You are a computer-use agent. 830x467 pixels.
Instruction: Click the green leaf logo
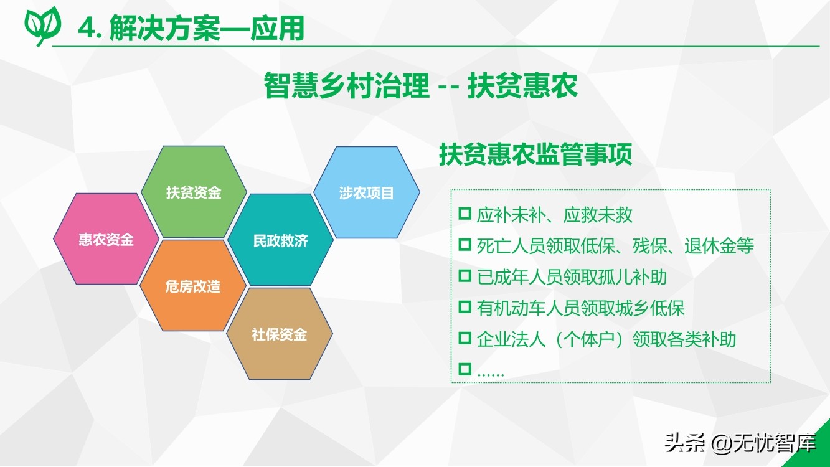[42, 26]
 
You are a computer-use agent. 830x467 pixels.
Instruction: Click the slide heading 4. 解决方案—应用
[191, 28]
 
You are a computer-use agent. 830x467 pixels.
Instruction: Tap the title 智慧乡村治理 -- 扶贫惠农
[420, 85]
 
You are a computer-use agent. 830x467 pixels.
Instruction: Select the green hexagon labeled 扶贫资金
[194, 192]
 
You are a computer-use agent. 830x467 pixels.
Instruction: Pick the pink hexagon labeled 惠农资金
[106, 239]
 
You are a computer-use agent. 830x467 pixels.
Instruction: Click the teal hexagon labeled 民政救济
[280, 240]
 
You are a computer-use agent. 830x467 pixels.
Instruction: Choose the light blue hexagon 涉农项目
[367, 192]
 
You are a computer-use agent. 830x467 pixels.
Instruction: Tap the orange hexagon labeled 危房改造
[193, 286]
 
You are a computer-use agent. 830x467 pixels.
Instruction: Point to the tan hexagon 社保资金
[280, 334]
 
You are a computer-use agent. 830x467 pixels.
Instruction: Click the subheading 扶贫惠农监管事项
[535, 154]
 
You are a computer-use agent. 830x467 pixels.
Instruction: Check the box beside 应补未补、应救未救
[465, 214]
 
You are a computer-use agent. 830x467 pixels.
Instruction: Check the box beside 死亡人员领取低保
[465, 245]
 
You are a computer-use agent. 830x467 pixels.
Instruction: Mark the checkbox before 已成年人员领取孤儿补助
[465, 276]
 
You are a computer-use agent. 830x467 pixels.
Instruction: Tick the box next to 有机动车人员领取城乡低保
[465, 307]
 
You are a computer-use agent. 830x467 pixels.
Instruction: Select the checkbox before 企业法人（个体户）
[465, 338]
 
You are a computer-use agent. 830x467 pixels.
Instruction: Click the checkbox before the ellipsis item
[465, 369]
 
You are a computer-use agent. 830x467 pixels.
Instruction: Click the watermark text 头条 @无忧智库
[740, 443]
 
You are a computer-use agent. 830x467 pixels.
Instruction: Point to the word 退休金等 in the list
[719, 246]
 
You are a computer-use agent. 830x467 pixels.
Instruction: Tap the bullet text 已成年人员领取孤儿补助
[572, 277]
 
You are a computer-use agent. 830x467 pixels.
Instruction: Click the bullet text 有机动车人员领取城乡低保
[580, 308]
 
